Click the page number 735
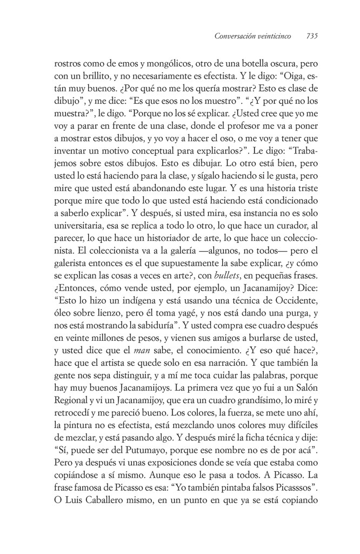(x=311, y=37)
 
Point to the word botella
(x=234, y=63)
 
